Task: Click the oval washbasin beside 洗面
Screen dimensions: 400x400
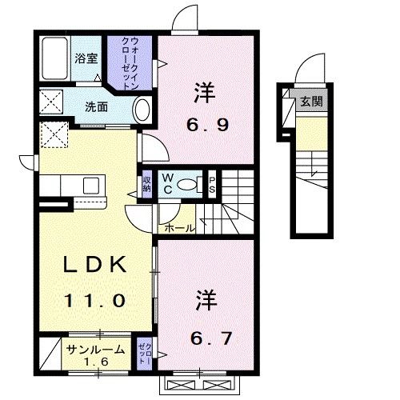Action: pos(142,109)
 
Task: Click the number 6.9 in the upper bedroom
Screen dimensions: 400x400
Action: pos(201,125)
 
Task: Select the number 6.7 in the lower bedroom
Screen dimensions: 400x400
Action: pos(213,338)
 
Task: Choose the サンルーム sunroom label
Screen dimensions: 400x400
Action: pos(94,350)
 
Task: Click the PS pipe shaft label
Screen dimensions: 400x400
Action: pos(212,183)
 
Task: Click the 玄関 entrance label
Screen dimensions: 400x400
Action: pos(311,102)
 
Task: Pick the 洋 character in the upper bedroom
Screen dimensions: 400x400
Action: pos(201,94)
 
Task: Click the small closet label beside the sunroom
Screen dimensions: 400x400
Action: pos(145,354)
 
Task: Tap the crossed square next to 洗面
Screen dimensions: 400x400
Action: pos(51,104)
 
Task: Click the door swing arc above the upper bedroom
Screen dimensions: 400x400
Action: pos(184,18)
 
